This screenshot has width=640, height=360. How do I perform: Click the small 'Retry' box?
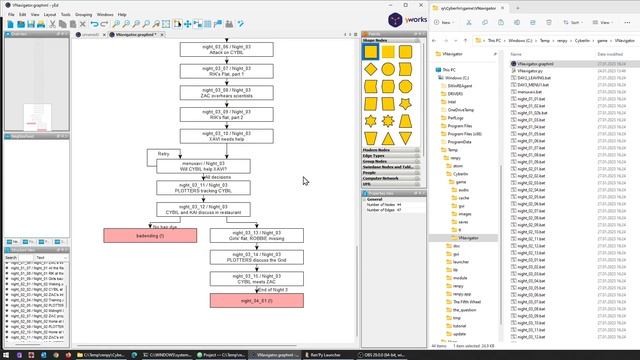pos(164,154)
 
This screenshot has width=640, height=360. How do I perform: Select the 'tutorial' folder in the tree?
pos(461,326)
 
